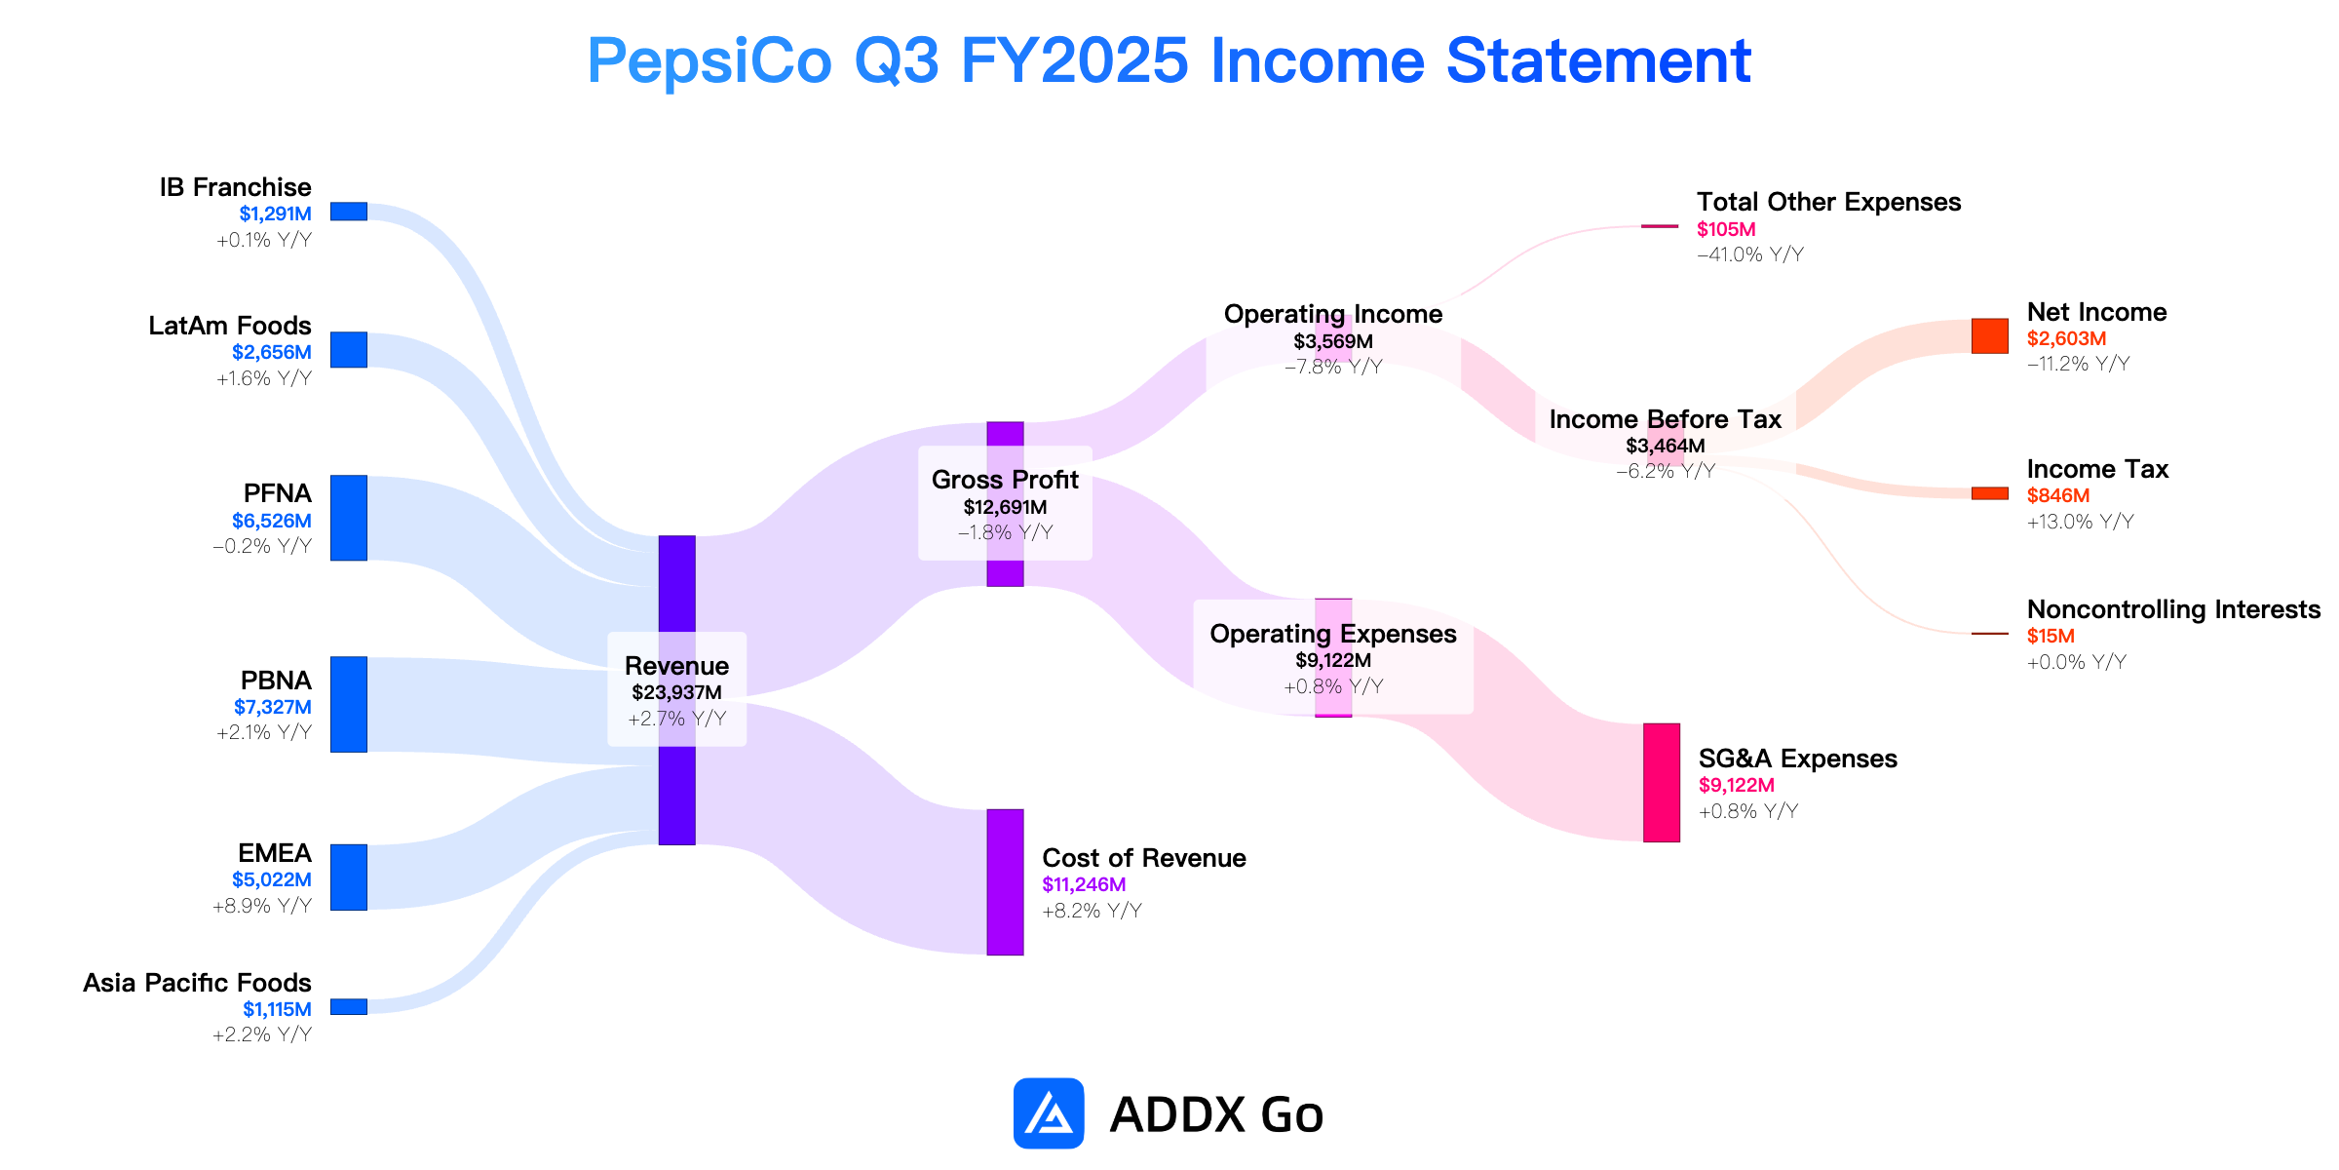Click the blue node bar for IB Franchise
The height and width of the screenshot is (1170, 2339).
pyautogui.click(x=349, y=212)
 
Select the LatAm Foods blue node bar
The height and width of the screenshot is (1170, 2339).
pyautogui.click(x=349, y=350)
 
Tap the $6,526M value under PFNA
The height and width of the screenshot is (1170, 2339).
pyautogui.click(x=272, y=521)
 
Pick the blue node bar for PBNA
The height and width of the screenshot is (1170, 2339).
pyautogui.click(x=349, y=704)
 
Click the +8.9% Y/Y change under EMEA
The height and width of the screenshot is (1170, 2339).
pyautogui.click(x=262, y=906)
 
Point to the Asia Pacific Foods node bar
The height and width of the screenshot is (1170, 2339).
pyautogui.click(x=349, y=1006)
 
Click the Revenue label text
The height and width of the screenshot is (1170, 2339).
pyautogui.click(x=676, y=666)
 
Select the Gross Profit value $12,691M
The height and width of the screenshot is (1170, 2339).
pyautogui.click(x=1005, y=507)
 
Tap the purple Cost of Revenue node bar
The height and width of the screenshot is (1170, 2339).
pyautogui.click(x=1005, y=882)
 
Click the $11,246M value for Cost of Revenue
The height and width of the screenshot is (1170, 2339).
pyautogui.click(x=1084, y=884)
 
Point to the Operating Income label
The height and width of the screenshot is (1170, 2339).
pyautogui.click(x=1333, y=314)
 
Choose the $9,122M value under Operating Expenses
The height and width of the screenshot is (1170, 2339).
pyautogui.click(x=1333, y=660)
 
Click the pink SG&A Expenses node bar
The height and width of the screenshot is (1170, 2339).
pyautogui.click(x=1662, y=783)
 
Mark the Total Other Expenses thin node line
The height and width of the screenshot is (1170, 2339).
pyautogui.click(x=1660, y=226)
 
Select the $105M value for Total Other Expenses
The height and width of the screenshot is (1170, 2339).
pyautogui.click(x=1726, y=229)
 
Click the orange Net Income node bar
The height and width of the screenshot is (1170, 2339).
pyautogui.click(x=1990, y=335)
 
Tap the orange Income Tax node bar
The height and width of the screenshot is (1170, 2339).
pyautogui.click(x=1990, y=493)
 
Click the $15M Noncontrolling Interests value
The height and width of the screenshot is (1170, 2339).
pyautogui.click(x=2051, y=636)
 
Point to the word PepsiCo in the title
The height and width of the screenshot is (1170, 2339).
pyautogui.click(x=709, y=61)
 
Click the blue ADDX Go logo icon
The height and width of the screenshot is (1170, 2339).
pyautogui.click(x=1049, y=1113)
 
